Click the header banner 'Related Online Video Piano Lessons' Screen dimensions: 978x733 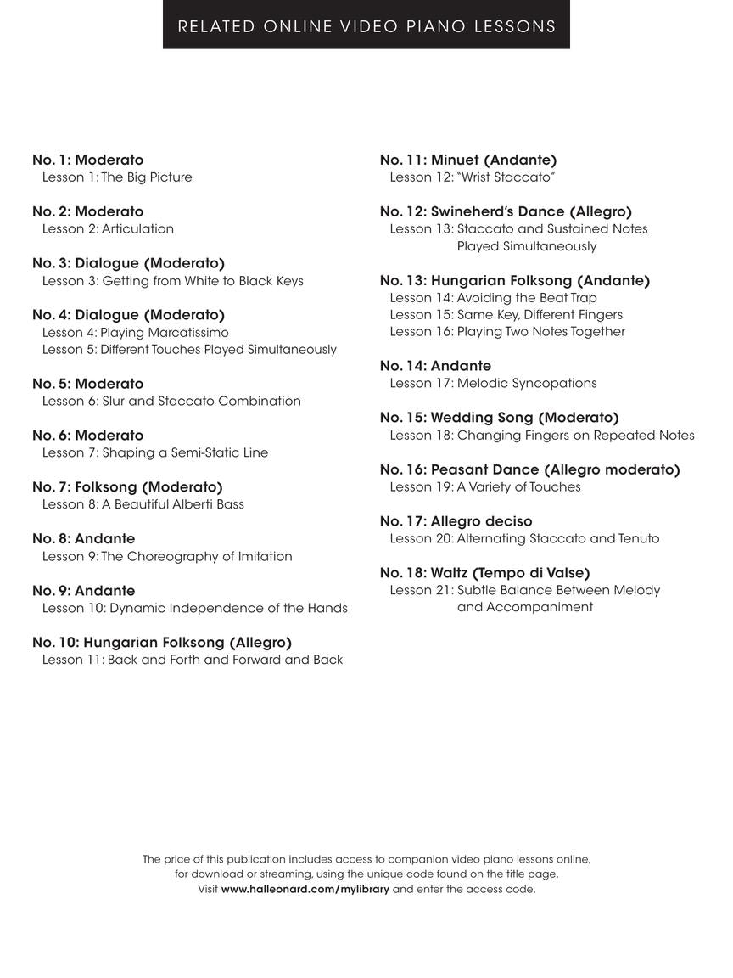pos(366,26)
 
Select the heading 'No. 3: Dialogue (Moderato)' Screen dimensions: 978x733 pos(128,263)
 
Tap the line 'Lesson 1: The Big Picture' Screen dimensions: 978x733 pos(117,177)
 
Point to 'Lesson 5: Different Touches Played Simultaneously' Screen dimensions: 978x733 pos(189,350)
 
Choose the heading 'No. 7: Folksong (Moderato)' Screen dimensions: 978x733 pos(127,487)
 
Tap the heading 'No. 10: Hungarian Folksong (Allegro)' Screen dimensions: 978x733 pos(162,643)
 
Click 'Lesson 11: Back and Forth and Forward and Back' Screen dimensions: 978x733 pos(193,660)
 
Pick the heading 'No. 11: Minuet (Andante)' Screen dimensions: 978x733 pos(468,160)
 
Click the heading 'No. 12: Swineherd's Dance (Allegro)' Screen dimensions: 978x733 pos(506,211)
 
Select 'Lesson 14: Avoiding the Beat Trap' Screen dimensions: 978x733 pos(493,298)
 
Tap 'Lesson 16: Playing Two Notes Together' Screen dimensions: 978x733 pos(507,332)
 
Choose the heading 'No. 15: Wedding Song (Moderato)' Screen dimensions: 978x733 pos(500,418)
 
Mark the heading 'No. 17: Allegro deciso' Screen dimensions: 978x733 pos(456,521)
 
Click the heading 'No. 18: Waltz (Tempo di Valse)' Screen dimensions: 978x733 pos(485,573)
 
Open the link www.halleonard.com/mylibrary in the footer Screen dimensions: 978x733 pos(305,890)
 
